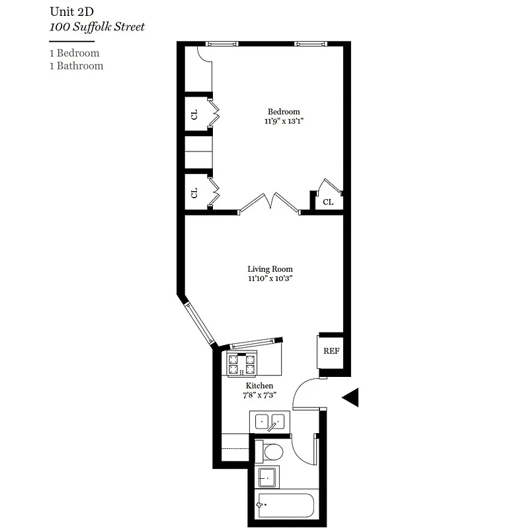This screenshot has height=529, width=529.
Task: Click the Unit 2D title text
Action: [71, 12]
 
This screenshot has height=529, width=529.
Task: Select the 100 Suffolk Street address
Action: [97, 27]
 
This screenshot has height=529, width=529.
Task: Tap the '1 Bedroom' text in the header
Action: [74, 53]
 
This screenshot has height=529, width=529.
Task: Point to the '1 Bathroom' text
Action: [76, 65]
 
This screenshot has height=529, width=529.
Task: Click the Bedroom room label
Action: [284, 112]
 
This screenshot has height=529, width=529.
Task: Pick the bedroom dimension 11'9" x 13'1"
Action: [284, 122]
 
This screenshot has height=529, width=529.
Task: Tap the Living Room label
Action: [270, 269]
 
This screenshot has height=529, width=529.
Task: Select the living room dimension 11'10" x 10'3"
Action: [270, 279]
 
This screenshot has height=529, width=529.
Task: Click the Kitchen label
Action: [259, 386]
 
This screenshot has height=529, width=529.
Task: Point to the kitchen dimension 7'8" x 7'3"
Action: [259, 395]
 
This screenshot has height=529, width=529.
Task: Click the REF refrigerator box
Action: [331, 350]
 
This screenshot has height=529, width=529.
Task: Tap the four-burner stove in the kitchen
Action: [242, 364]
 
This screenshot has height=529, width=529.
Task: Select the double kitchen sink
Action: [269, 421]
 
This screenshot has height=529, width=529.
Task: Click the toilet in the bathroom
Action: [270, 452]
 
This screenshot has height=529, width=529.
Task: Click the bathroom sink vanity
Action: [268, 477]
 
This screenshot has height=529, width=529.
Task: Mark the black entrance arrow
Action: [350, 397]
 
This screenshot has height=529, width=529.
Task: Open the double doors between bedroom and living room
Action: [269, 202]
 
